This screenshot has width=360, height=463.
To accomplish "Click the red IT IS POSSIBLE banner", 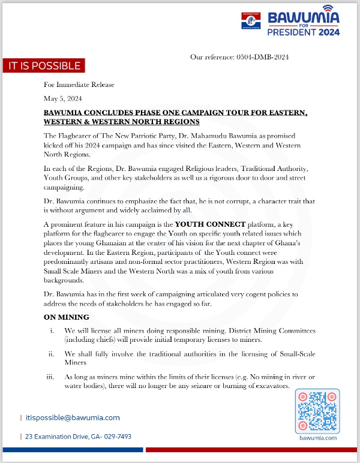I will [43, 66].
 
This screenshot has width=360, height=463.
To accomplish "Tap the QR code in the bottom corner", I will [317, 411].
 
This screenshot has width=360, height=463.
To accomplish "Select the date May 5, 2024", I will [63, 98].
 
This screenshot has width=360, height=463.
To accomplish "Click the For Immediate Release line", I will [79, 85].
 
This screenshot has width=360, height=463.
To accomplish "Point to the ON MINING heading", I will [67, 317].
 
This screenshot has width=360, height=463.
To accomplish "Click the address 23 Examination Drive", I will [79, 437].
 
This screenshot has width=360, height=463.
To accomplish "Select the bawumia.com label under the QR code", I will [317, 438].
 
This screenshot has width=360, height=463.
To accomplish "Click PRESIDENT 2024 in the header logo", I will [303, 32].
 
